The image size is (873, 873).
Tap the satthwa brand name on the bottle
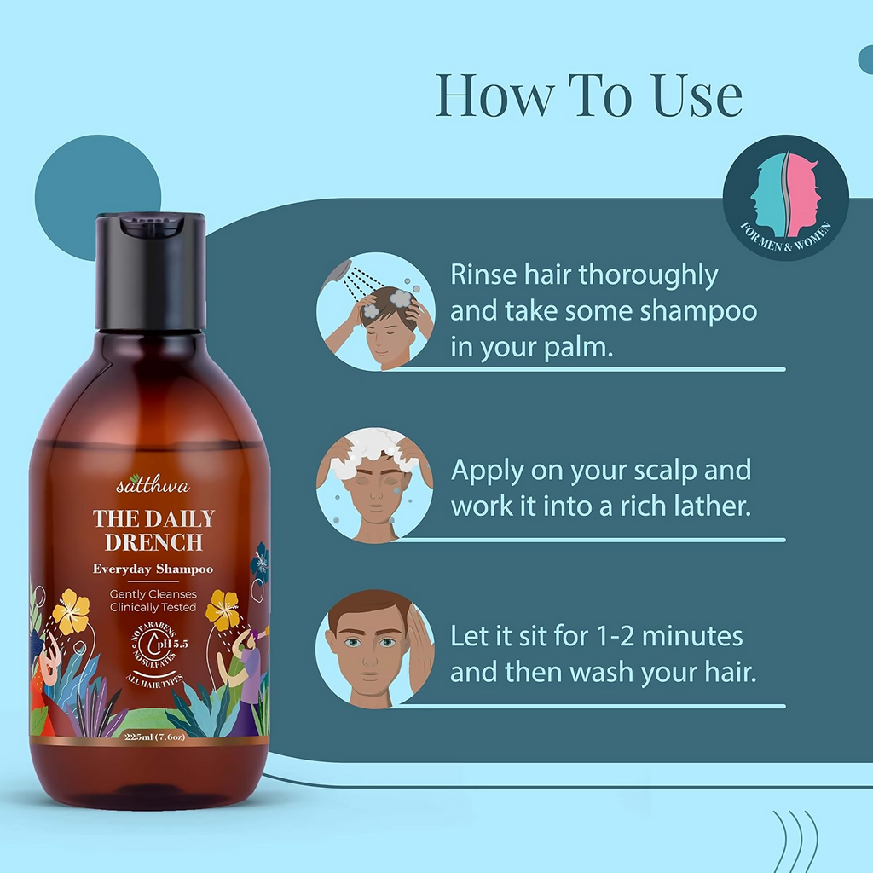pyautogui.click(x=153, y=484)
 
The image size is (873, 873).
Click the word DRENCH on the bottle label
pyautogui.click(x=153, y=542)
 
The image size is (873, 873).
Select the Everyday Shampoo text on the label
pyautogui.click(x=153, y=569)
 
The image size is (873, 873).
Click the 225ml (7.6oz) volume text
pyautogui.click(x=154, y=737)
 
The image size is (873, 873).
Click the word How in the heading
pyautogui.click(x=495, y=95)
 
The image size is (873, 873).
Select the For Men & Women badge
pyautogui.click(x=785, y=198)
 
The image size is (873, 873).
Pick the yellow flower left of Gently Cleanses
pyautogui.click(x=71, y=611)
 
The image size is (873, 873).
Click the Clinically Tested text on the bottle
pyautogui.click(x=153, y=607)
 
